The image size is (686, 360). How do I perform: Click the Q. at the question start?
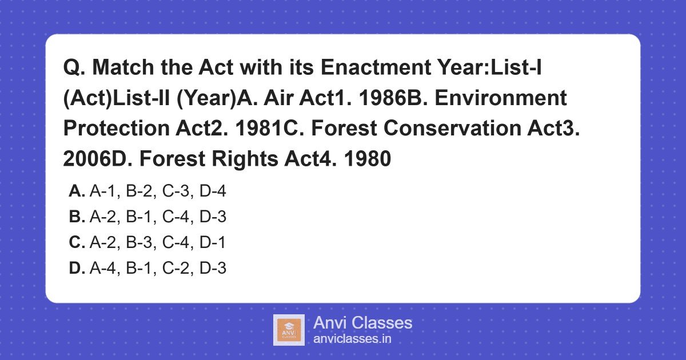tap(74, 68)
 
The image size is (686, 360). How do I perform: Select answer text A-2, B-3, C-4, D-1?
tap(158, 243)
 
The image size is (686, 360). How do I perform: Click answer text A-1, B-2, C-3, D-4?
tap(158, 191)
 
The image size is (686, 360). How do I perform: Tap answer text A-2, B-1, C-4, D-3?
tap(158, 217)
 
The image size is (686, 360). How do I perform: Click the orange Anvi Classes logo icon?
tap(289, 330)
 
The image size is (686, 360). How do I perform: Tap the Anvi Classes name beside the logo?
tap(362, 323)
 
